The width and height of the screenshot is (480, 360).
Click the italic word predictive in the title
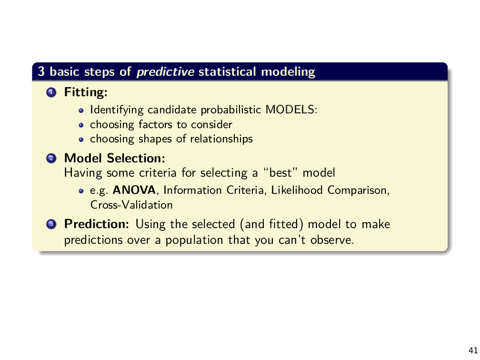pyautogui.click(x=165, y=72)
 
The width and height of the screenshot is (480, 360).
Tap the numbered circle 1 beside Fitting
pyautogui.click(x=51, y=92)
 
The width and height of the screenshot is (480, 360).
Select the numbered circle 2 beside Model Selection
pyautogui.click(x=51, y=158)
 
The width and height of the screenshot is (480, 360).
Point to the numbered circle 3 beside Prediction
pyautogui.click(x=51, y=224)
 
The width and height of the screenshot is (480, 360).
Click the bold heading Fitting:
pyautogui.click(x=86, y=92)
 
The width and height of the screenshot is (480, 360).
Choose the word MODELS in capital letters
pyautogui.click(x=290, y=110)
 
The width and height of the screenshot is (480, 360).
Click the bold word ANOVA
pyautogui.click(x=134, y=190)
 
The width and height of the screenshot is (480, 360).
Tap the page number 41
pyautogui.click(x=473, y=350)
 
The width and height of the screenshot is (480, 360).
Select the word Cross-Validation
pyautogui.click(x=131, y=205)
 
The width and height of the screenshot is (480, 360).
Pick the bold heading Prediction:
pyautogui.click(x=97, y=224)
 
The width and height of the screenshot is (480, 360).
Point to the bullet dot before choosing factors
pyautogui.click(x=81, y=125)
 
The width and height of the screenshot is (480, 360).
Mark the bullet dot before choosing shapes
pyautogui.click(x=81, y=139)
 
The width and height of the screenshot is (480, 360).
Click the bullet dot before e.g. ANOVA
pyautogui.click(x=81, y=190)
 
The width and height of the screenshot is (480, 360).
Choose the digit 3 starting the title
pyautogui.click(x=41, y=71)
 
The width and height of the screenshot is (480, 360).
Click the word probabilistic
pyautogui.click(x=231, y=110)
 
